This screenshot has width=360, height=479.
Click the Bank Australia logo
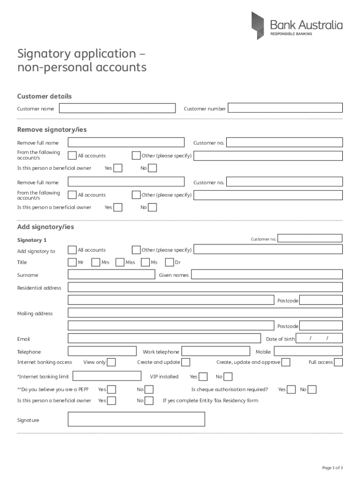[296, 26]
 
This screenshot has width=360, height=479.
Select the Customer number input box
[285, 108]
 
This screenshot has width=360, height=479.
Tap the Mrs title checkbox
[96, 262]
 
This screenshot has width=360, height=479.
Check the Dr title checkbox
[169, 262]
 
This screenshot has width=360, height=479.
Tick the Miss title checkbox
[120, 262]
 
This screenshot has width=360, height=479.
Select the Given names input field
[267, 275]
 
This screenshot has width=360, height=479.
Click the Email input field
[164, 338]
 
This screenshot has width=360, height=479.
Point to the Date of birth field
[320, 338]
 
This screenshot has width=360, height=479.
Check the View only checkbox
[111, 362]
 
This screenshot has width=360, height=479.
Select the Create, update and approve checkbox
[286, 362]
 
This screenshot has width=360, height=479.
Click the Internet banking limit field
[107, 376]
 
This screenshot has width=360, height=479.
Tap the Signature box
[137, 419]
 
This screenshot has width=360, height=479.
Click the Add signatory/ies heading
[45, 227]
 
